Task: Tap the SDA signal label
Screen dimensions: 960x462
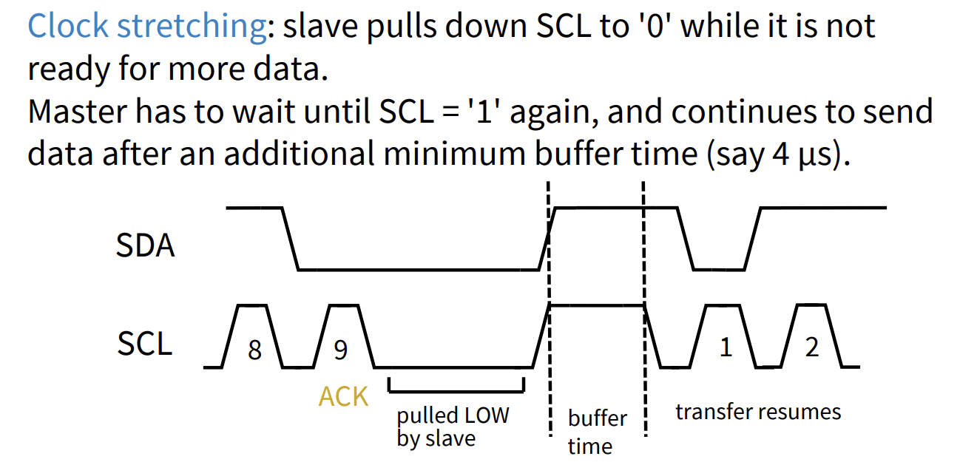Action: point(145,245)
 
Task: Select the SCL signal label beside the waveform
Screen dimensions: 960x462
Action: point(144,344)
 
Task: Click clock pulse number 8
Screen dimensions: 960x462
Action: point(254,350)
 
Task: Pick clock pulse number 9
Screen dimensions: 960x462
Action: point(340,350)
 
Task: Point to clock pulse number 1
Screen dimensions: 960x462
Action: point(726,347)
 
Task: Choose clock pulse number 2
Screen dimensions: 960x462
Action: point(812,347)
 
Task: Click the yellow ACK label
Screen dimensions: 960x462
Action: point(343,397)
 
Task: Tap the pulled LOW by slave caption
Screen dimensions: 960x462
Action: point(452,427)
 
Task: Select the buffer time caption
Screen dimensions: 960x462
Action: point(597,432)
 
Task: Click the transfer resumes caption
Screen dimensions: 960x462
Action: point(757,411)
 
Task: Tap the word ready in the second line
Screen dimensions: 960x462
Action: point(64,70)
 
